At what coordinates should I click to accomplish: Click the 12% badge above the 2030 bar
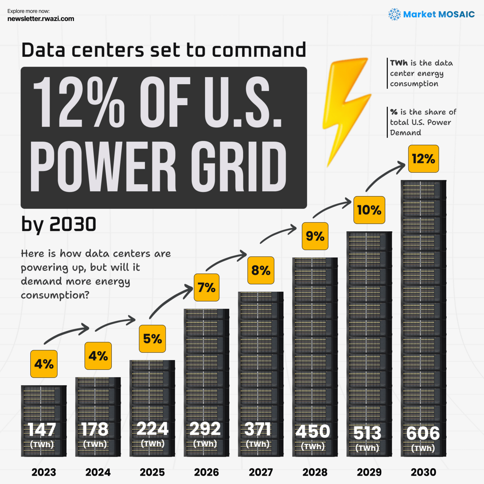pos(423,159)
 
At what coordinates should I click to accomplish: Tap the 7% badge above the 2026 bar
pos(206,287)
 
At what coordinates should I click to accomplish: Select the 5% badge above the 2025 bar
pos(152,339)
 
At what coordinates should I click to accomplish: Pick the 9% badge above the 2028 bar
pos(315,236)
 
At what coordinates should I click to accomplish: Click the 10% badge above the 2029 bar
pos(369,210)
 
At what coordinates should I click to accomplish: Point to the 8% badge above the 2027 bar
pos(261,270)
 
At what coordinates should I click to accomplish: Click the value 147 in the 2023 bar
pos(42,430)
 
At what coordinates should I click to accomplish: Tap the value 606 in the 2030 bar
pos(423,433)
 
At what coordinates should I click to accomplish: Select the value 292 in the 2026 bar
pos(205,429)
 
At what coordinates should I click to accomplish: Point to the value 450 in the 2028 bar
pos(313,432)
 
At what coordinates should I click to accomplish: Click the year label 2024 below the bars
pos(98,472)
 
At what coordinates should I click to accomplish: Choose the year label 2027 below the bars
pos(261,472)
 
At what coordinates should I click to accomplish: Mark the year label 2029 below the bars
pos(369,472)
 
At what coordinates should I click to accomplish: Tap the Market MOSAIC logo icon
pos(394,15)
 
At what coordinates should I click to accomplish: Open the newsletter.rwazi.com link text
pos(41,19)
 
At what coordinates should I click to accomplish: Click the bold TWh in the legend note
pos(399,63)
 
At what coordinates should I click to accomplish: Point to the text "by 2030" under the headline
pos(59,225)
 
